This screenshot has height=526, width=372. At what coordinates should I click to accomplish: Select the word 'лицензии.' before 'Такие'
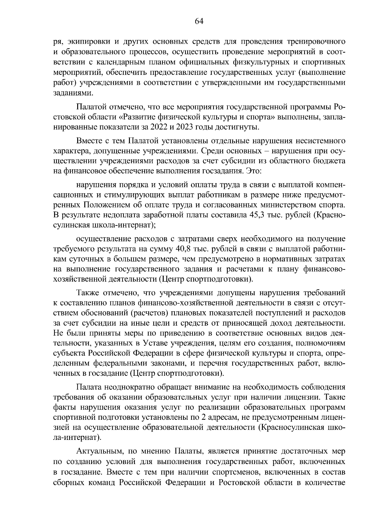click(x=300, y=397)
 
